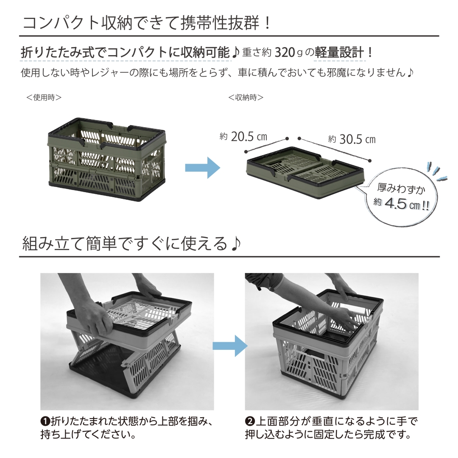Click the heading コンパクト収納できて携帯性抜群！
146,22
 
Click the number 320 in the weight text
285,53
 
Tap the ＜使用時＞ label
44,98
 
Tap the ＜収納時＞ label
246,98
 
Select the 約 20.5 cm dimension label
244,137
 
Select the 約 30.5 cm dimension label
352,139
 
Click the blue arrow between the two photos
229,345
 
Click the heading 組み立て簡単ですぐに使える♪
131,244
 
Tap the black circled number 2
250,422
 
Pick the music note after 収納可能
236,53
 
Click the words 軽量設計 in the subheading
339,53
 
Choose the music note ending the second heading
236,244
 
